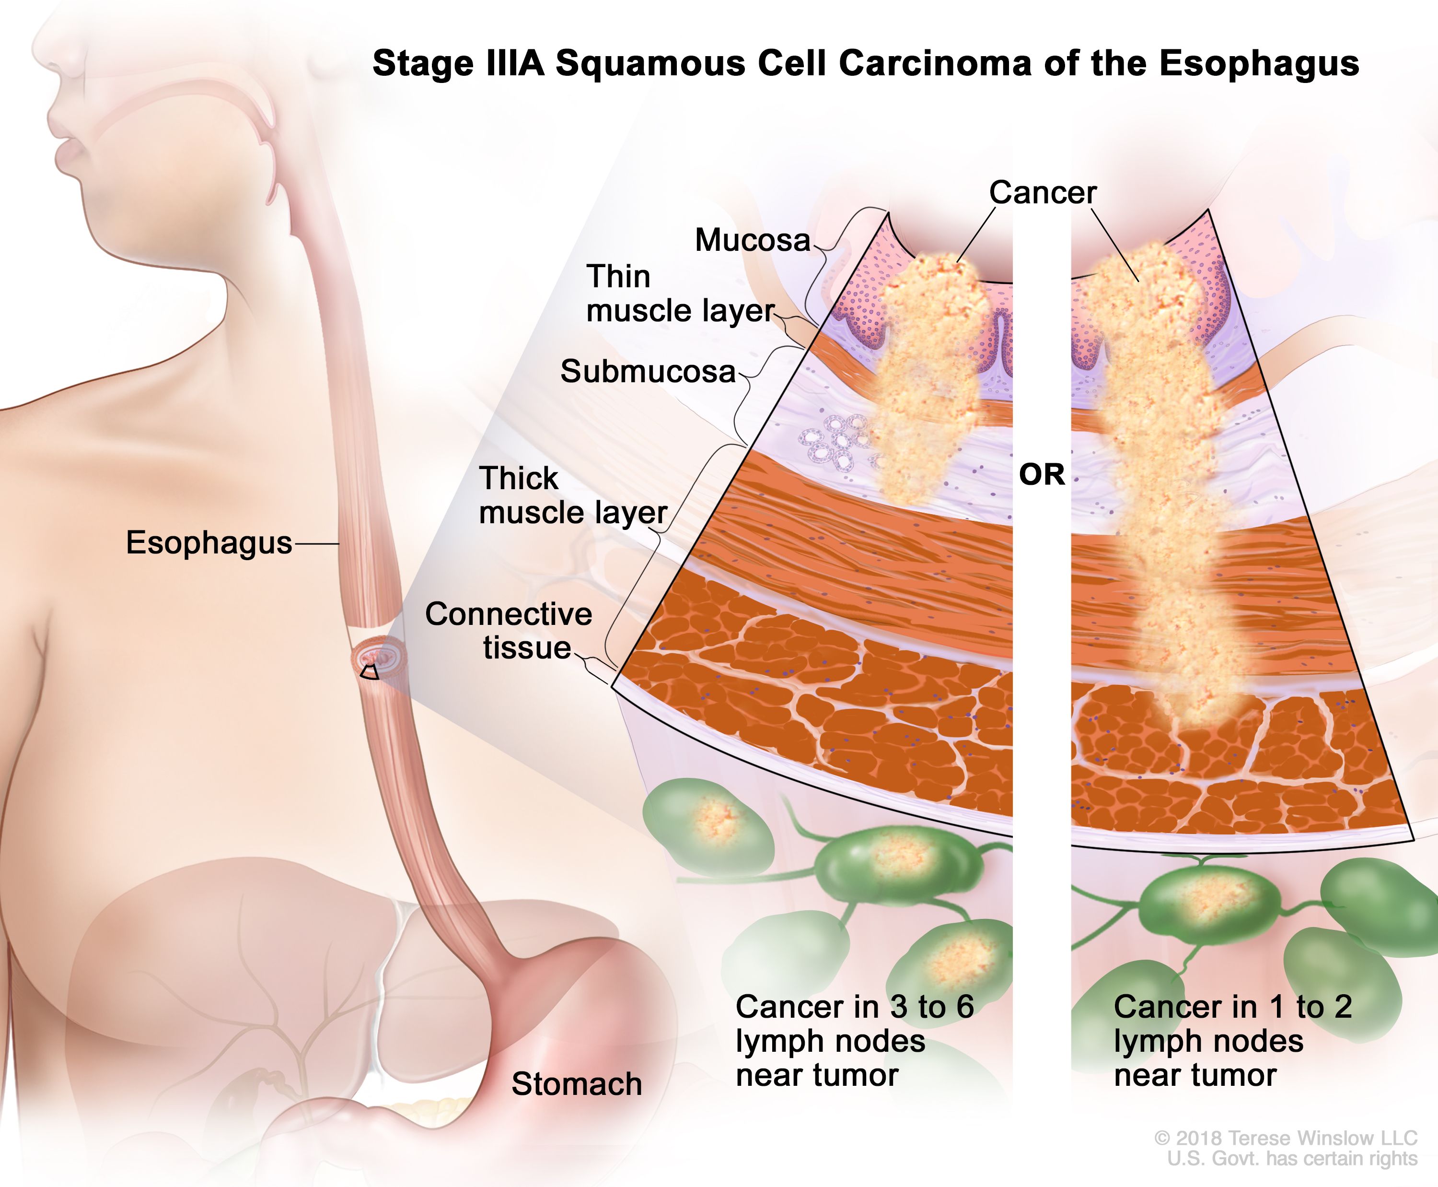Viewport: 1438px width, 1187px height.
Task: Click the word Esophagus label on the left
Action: (209, 543)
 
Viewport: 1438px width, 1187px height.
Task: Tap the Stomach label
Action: (576, 1084)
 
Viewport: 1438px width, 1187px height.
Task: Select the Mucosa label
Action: (752, 240)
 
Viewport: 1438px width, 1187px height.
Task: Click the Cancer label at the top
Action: (1042, 192)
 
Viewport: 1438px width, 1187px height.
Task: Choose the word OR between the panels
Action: (1042, 474)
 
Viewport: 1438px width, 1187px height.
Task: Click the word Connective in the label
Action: (509, 614)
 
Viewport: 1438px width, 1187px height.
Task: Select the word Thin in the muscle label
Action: (618, 277)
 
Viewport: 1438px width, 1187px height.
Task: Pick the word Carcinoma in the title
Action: (934, 63)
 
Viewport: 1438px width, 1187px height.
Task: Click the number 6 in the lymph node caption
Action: (965, 1007)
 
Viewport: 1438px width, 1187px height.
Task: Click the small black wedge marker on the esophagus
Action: (370, 672)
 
